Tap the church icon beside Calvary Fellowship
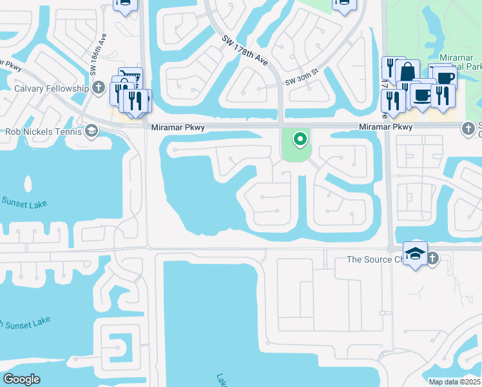tap(99, 88)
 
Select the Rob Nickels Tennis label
tap(43, 132)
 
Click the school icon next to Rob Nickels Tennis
tap(92, 132)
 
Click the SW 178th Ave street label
tap(246, 50)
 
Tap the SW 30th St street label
tap(302, 82)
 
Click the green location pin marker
tap(299, 138)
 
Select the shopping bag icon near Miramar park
tap(408, 70)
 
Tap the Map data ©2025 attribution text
tap(454, 382)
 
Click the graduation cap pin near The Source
tap(416, 253)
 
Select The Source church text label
tap(374, 259)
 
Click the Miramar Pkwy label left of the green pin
tap(178, 128)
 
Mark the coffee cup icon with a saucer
tap(422, 95)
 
